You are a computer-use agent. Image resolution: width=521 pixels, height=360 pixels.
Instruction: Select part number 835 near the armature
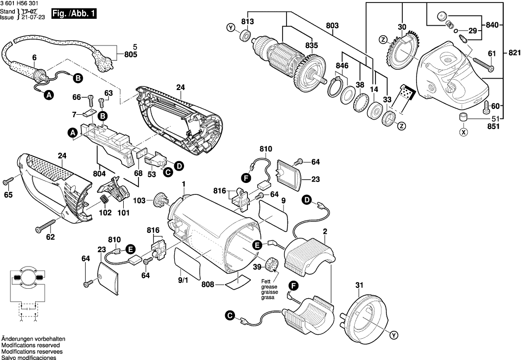[311, 45]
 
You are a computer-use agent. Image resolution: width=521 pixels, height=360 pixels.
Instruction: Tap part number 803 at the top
[332, 26]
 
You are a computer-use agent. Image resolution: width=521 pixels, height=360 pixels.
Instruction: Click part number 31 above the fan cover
[359, 285]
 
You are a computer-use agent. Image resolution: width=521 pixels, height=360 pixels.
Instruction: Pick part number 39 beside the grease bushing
[256, 267]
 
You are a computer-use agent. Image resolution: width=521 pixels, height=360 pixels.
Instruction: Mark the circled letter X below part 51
[464, 132]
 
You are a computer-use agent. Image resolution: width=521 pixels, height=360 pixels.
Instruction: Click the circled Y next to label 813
[231, 28]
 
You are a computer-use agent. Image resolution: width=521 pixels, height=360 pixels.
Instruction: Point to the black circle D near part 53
[178, 166]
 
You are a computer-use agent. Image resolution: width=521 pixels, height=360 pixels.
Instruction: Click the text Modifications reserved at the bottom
[31, 345]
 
